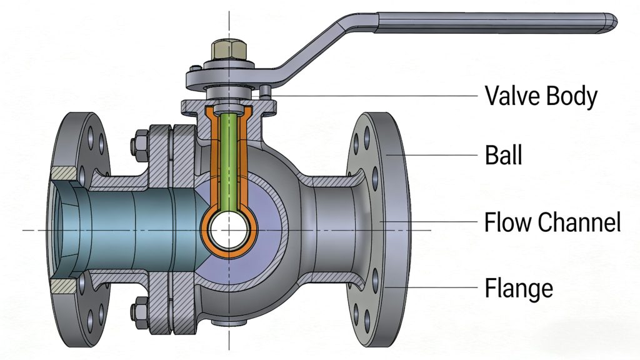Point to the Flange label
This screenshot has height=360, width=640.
[x=519, y=288]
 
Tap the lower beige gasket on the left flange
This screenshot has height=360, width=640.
[x=65, y=286]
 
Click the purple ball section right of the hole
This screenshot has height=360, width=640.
[x=262, y=231]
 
